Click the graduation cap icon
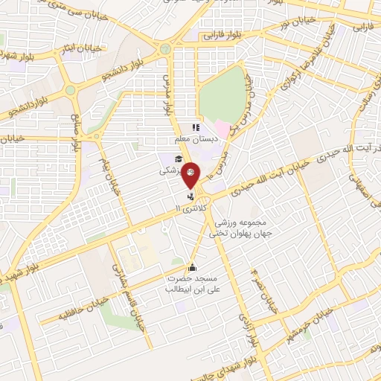[x=178, y=159]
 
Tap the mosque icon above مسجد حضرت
[x=192, y=268]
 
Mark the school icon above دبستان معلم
[x=196, y=127]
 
